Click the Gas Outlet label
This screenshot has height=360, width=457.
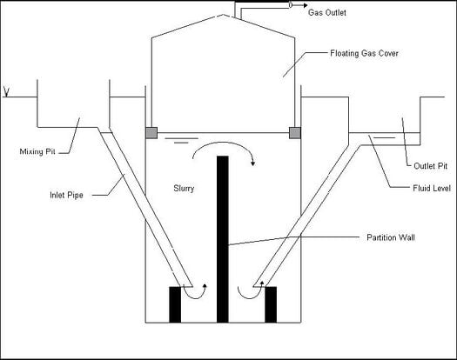(327, 12)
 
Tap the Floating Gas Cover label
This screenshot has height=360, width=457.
(364, 53)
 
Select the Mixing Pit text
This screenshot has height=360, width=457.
(37, 151)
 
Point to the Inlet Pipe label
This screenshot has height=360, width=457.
(66, 195)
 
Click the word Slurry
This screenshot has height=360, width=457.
(184, 189)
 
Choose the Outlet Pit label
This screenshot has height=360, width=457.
(431, 166)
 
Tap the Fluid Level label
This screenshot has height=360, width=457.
(432, 188)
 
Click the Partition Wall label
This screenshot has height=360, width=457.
(391, 237)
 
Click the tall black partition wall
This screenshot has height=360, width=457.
(222, 239)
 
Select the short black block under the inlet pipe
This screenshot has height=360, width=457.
(175, 304)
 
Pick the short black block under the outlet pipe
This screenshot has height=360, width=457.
(271, 304)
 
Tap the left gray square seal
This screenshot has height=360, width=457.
(151, 133)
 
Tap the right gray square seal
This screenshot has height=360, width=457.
(295, 133)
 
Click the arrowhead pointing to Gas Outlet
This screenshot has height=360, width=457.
(305, 5)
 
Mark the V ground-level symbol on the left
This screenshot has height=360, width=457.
(6, 91)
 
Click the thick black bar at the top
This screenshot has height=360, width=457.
(262, 2)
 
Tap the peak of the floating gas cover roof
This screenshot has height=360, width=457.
(223, 14)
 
